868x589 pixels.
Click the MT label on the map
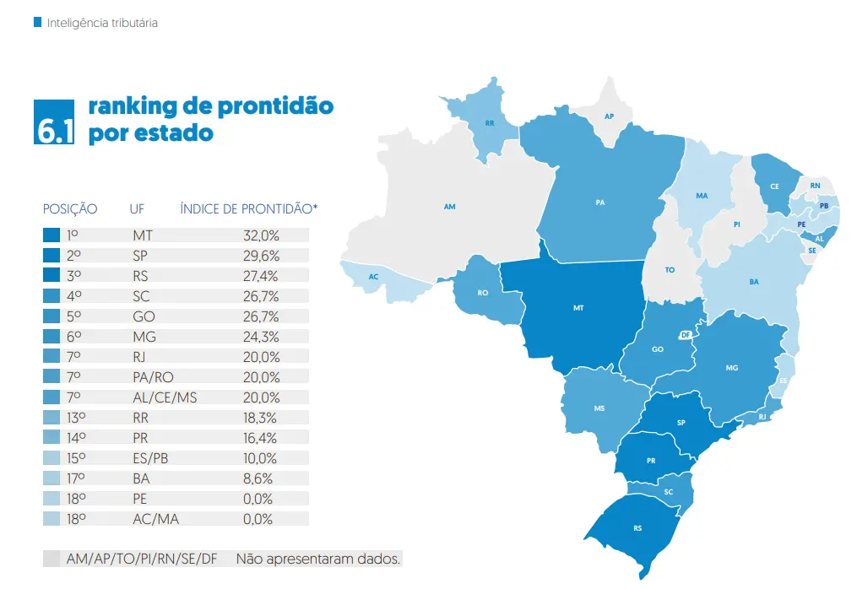(x=578, y=308)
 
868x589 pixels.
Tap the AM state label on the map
(x=450, y=206)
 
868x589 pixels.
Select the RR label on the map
(x=490, y=123)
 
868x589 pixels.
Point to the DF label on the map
(x=686, y=335)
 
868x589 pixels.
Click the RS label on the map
(x=637, y=529)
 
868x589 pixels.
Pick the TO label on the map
(x=670, y=270)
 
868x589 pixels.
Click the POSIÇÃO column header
(x=70, y=208)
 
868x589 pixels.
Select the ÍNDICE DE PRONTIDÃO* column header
(x=249, y=208)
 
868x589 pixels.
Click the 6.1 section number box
(x=55, y=122)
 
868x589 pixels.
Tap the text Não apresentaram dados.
(x=318, y=559)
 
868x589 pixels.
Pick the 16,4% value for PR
(x=260, y=438)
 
